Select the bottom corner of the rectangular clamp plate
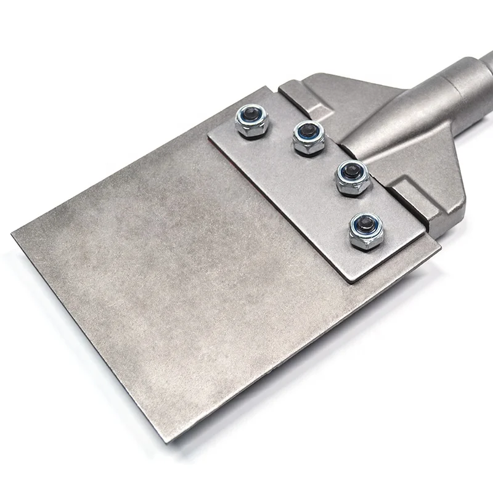coord(349,282)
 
